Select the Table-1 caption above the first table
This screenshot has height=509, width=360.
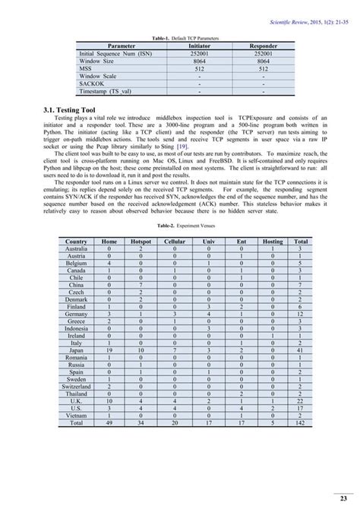(x=180, y=38)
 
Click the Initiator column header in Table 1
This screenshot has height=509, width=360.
(x=199, y=46)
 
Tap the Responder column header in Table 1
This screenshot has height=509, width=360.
(x=263, y=46)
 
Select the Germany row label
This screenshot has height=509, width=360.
(x=76, y=313)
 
